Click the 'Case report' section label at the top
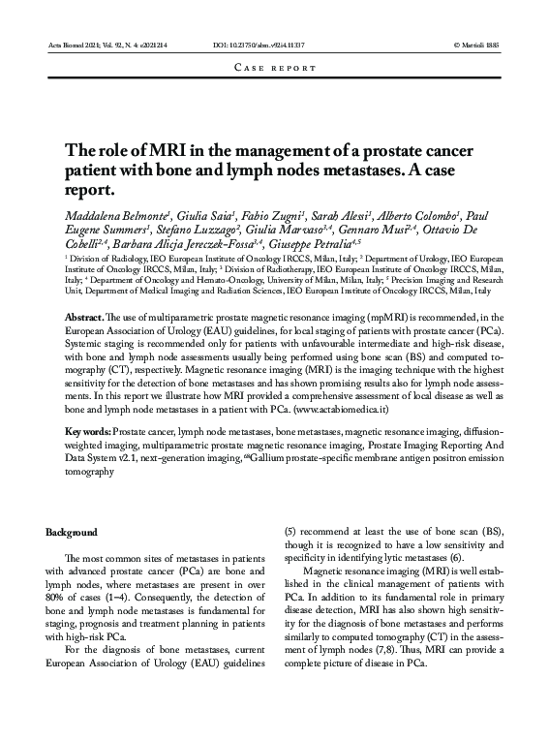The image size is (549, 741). (275, 69)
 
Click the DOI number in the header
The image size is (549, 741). (259, 46)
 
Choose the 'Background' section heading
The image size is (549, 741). (72, 533)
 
